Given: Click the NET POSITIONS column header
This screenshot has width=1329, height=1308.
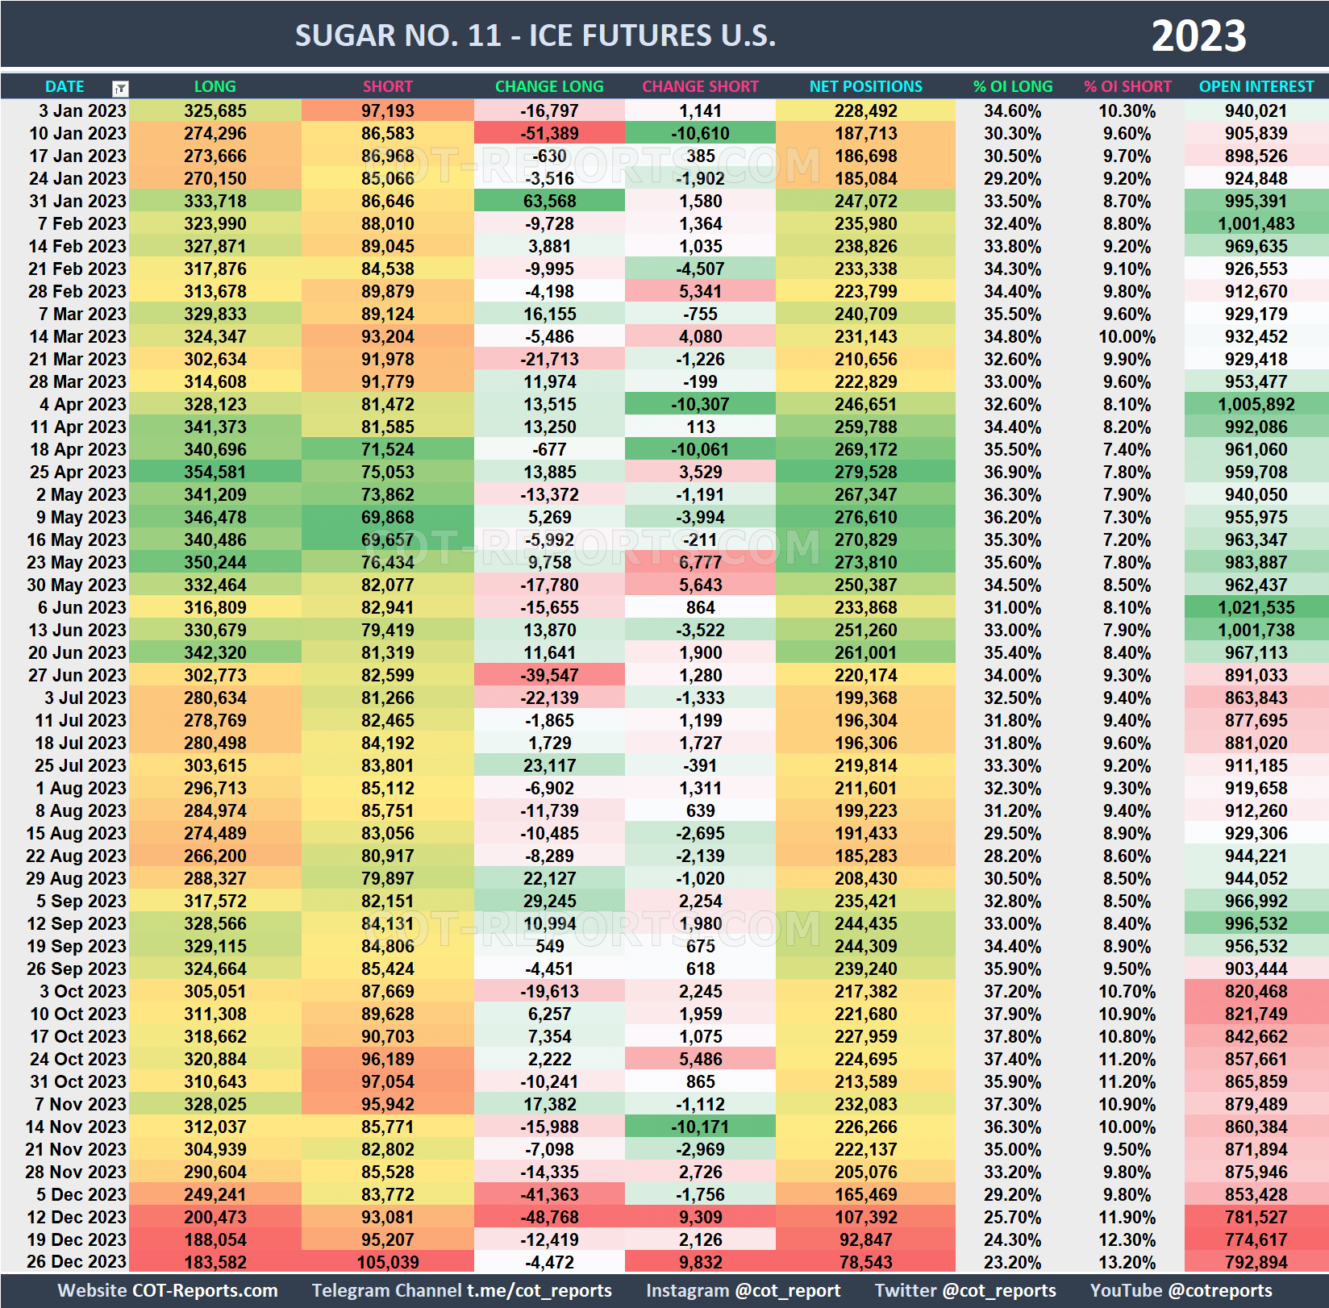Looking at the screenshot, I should click(865, 86).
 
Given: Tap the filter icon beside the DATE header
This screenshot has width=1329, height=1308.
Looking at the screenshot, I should click(120, 88).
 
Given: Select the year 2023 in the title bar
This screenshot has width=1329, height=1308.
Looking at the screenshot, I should click(1198, 36).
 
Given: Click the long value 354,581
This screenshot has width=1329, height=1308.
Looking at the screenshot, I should click(215, 472).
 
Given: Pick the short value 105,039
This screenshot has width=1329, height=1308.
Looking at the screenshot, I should click(387, 1262).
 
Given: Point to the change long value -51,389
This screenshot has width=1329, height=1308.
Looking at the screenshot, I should click(549, 133).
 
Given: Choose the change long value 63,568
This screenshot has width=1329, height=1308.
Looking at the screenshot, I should click(549, 201).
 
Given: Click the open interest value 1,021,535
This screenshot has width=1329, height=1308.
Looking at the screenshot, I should click(1256, 607).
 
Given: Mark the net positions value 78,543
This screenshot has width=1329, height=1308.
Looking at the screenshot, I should click(865, 1262).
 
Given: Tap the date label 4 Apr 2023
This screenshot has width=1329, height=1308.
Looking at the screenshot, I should click(82, 404).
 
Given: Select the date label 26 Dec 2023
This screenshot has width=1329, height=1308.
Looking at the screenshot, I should click(77, 1262).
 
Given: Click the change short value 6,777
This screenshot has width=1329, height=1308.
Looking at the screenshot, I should click(700, 562).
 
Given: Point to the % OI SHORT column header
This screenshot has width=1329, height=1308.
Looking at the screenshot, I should click(1127, 86).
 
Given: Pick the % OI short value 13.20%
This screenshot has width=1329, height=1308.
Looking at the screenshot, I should click(1127, 1262).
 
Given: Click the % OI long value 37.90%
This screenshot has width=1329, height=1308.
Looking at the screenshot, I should click(1012, 1014).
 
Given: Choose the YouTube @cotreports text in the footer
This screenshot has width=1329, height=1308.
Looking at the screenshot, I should click(1181, 1290).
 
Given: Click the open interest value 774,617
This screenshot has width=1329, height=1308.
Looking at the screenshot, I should click(1256, 1239).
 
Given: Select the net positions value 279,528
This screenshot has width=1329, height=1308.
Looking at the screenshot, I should click(865, 472).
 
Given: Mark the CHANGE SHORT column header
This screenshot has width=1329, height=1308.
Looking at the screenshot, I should click(700, 86).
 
